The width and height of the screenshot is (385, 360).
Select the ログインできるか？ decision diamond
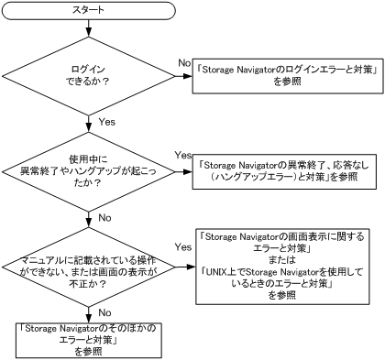tap(88, 75)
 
